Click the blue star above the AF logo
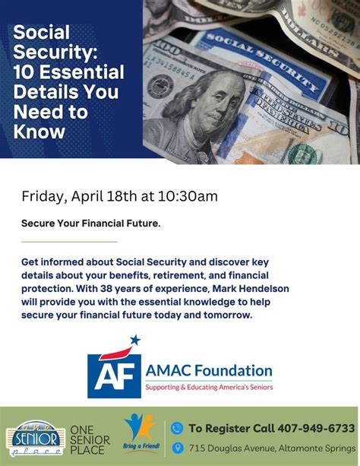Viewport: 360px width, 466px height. point(135,340)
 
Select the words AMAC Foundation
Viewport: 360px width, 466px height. point(209,372)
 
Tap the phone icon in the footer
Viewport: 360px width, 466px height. point(177,428)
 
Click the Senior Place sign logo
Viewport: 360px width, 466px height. point(34,440)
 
